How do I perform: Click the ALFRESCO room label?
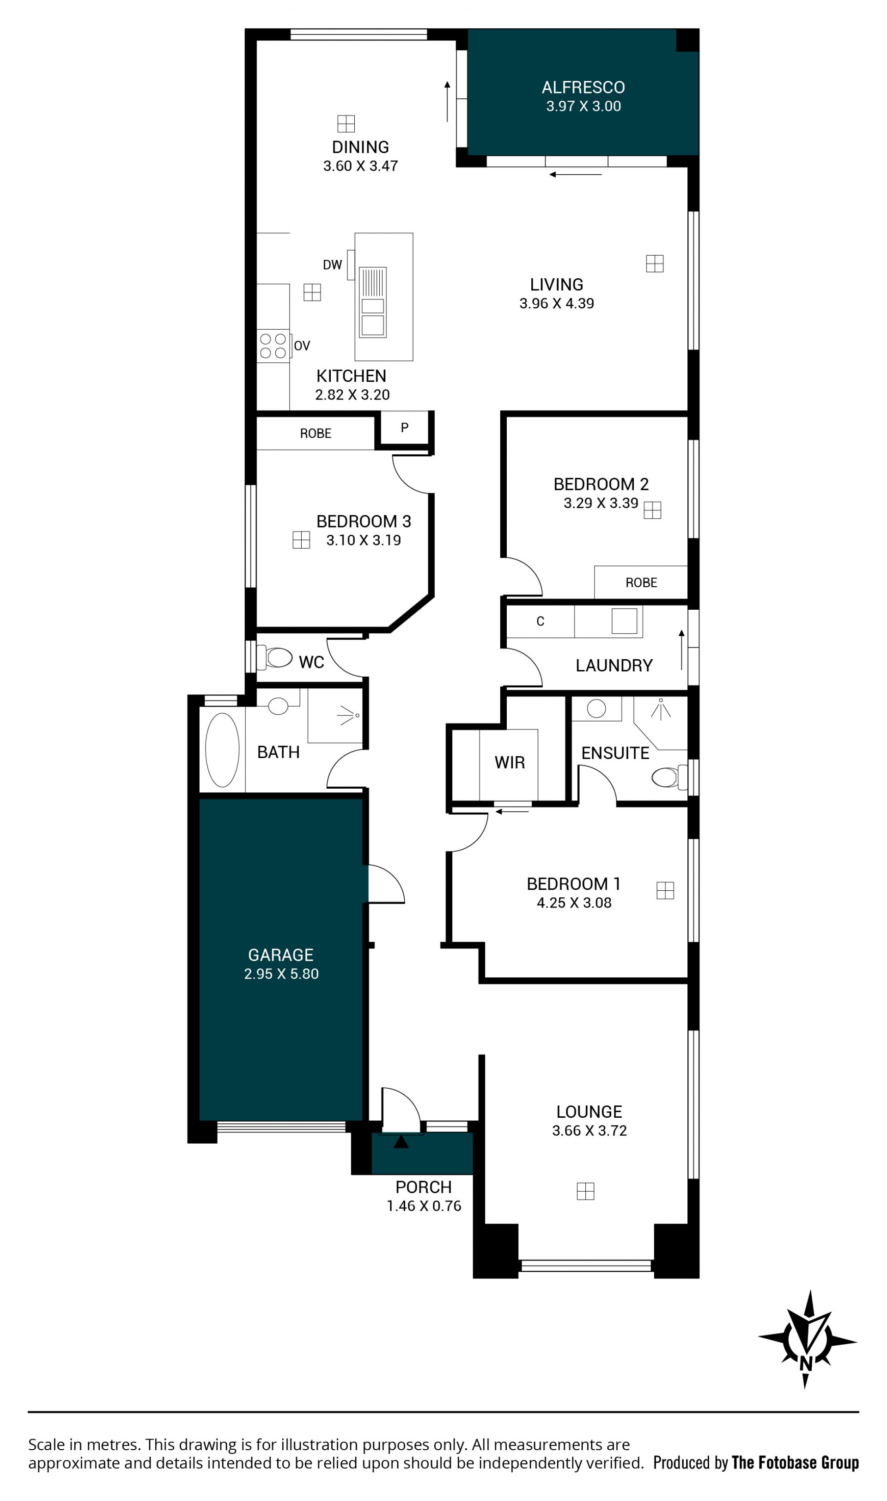coord(583,88)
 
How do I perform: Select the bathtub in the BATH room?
coord(222,750)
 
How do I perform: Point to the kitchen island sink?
coord(372,302)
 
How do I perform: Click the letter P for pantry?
coord(405,428)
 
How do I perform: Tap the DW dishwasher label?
coord(332,265)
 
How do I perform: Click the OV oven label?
coord(302,346)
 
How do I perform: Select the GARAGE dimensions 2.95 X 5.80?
coord(281,974)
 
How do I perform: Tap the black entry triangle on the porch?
coord(401,1142)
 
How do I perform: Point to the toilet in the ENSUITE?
coord(668,778)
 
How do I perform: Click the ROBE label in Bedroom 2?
coord(641,582)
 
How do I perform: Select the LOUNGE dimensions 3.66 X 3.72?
coord(589,1131)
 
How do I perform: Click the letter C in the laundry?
coord(541,621)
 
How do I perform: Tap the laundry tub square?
coord(624,621)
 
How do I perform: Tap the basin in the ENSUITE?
coord(596,709)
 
